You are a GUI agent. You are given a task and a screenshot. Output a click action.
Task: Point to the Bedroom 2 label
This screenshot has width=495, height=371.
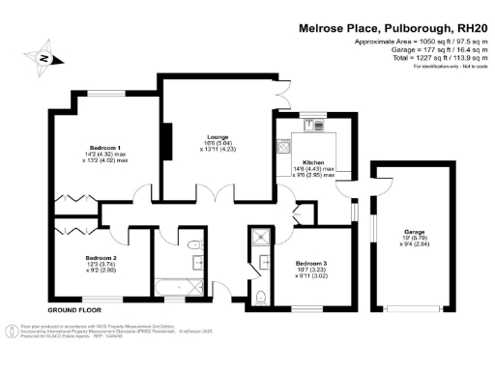pyautogui.click(x=100, y=258)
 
